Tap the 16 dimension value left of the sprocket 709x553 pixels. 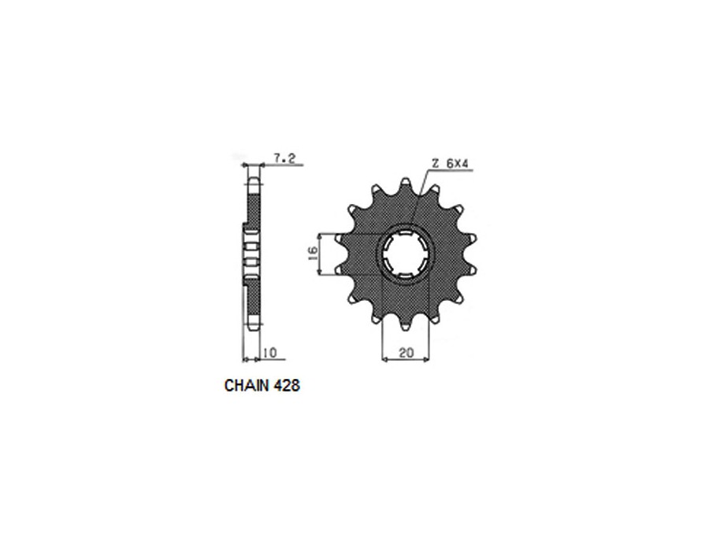point(312,253)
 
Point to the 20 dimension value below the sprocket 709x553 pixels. point(406,353)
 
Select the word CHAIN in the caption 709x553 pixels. point(243,387)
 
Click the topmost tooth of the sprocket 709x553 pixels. point(405,184)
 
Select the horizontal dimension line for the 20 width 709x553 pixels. point(406,360)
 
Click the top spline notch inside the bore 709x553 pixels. point(405,234)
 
